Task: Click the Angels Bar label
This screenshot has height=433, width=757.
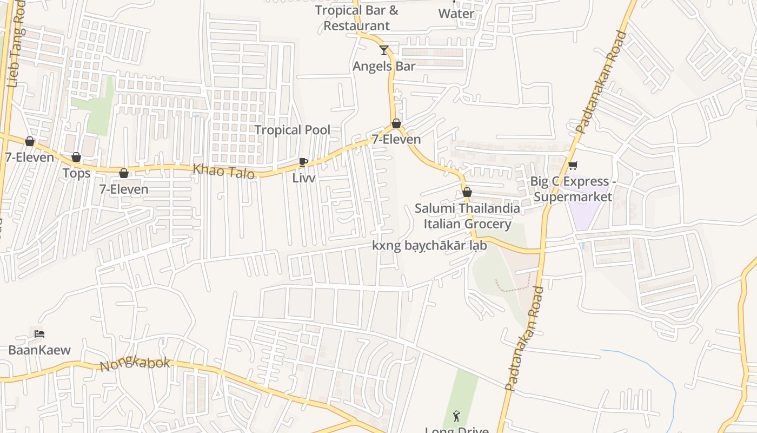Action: tap(384, 66)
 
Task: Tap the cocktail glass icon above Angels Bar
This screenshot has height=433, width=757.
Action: tap(384, 50)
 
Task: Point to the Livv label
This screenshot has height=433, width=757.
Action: tap(303, 178)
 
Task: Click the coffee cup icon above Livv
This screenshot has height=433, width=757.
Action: tap(303, 162)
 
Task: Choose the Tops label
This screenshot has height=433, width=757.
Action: tap(76, 173)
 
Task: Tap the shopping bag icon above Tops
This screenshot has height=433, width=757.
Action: tap(76, 157)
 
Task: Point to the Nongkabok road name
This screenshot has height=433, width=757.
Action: tap(135, 364)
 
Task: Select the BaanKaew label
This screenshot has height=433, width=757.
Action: tap(39, 350)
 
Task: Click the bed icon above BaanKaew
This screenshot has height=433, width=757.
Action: tap(39, 333)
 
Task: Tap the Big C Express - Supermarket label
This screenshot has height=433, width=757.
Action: tap(573, 189)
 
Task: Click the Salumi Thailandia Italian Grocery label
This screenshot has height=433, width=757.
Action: tap(467, 216)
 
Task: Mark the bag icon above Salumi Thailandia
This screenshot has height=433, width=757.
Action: tap(467, 192)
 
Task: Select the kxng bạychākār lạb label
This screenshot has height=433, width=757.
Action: tap(429, 245)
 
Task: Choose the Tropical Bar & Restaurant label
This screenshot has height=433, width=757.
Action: tap(356, 18)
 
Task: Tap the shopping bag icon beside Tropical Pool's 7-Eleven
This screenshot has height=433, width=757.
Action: tap(396, 123)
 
